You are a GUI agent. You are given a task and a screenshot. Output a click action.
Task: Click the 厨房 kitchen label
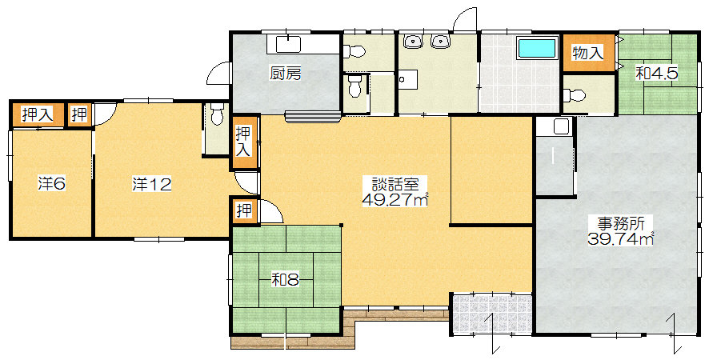point(286,74)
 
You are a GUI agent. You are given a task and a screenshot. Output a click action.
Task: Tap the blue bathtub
point(536,48)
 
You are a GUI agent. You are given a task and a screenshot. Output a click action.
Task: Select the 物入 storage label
point(587,53)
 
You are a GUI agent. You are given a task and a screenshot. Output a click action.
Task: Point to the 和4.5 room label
point(656,74)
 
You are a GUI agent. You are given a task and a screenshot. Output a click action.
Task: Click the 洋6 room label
point(51,184)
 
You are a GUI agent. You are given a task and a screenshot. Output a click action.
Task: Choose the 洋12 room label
point(151,184)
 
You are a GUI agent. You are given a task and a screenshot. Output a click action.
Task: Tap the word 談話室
point(395,184)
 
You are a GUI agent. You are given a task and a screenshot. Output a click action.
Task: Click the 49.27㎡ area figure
point(395,199)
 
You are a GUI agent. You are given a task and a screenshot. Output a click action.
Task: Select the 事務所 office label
point(620,223)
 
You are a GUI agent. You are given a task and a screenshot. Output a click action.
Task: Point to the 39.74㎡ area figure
point(620,238)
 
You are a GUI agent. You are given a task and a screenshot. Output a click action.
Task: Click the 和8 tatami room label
point(285,281)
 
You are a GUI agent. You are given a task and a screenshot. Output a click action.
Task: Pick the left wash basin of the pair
point(412,41)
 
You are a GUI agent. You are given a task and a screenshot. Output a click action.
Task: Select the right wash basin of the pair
point(439,41)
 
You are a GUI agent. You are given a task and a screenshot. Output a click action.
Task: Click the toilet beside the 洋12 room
point(218,115)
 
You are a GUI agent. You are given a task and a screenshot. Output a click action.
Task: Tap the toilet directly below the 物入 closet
point(575,95)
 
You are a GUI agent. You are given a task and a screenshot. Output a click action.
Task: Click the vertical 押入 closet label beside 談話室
point(244,142)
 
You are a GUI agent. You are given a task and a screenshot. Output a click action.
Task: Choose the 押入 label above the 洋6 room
point(38,114)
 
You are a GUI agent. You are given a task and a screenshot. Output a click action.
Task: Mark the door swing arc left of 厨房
point(218,71)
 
